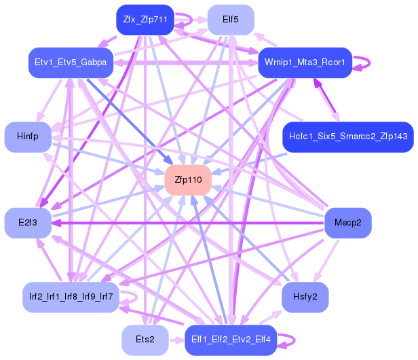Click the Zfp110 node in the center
[x=188, y=180]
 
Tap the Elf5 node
[x=231, y=20]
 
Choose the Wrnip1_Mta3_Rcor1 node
[x=305, y=62]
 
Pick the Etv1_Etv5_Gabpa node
[x=71, y=62]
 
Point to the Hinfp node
[x=28, y=137]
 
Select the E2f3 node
[x=28, y=223]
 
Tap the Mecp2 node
[x=347, y=223]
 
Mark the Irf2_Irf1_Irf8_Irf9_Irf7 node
[x=71, y=297]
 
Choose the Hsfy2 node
[x=305, y=297]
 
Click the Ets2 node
[x=145, y=340]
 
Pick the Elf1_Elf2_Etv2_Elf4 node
[x=231, y=340]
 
